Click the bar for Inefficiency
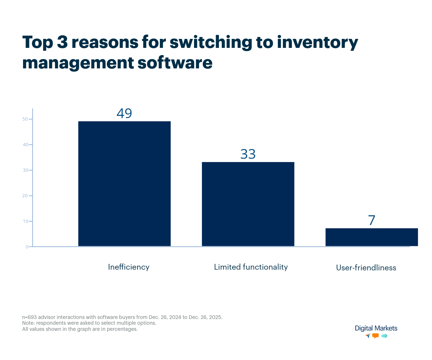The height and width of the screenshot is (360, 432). coord(124,184)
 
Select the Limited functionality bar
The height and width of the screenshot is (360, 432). coord(248,204)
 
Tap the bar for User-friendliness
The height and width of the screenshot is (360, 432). coord(372,237)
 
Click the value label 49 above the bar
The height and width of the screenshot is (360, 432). coord(124,113)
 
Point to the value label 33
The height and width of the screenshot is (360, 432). coord(248,154)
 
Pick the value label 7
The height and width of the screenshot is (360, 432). coord(372,220)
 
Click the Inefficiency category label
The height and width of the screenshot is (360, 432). coord(129,267)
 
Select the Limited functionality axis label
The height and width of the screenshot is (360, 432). coord(251,267)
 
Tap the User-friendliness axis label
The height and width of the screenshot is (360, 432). coord(366,268)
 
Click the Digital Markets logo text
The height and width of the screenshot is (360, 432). coord(376,328)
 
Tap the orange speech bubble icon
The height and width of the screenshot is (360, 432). coord(375,336)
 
